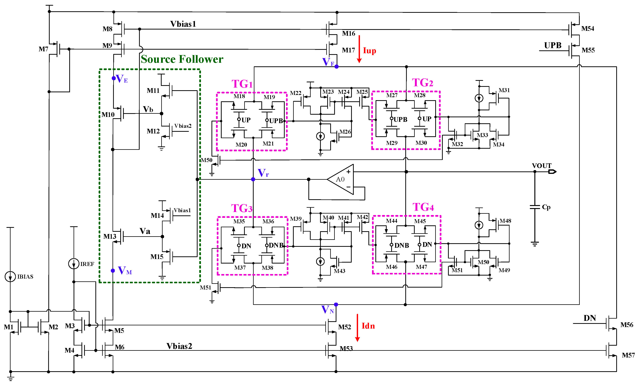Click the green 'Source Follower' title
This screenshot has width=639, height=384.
click(182, 59)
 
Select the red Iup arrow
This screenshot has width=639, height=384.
click(359, 49)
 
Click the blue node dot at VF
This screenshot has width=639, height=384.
click(336, 67)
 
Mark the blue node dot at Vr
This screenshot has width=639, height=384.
click(253, 179)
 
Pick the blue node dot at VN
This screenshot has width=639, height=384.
click(336, 304)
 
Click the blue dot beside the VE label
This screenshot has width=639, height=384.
click(114, 78)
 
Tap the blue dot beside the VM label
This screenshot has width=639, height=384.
click(113, 271)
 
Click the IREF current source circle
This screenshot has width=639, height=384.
click(74, 264)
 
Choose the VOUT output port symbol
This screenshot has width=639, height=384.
click(552, 172)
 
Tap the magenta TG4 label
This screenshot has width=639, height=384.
click(423, 207)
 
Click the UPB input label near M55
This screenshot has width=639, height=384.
click(553, 45)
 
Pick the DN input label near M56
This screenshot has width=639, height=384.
click(590, 318)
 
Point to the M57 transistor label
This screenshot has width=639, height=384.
click(628, 355)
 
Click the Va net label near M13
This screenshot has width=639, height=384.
click(145, 231)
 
